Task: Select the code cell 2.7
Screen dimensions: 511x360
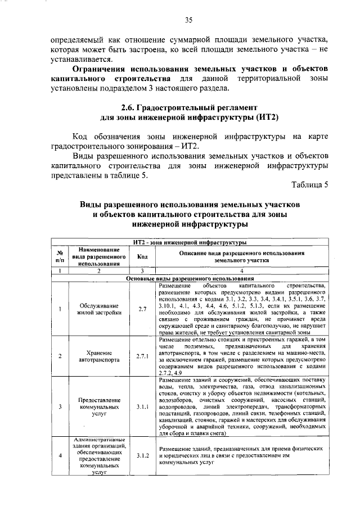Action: pos(142,309)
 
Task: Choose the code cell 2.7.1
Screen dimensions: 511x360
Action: pos(142,356)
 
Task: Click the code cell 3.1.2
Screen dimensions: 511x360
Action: pos(142,456)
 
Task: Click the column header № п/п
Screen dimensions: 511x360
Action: pos(59,257)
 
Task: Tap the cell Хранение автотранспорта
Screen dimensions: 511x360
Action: pos(98,356)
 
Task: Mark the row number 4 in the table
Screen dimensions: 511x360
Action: pos(59,456)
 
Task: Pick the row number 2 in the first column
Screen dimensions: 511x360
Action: pos(59,356)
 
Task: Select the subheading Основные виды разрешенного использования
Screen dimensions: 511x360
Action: pos(190,278)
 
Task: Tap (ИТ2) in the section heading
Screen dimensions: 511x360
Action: pos(263,117)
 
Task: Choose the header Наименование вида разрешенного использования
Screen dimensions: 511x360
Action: pos(98,256)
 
